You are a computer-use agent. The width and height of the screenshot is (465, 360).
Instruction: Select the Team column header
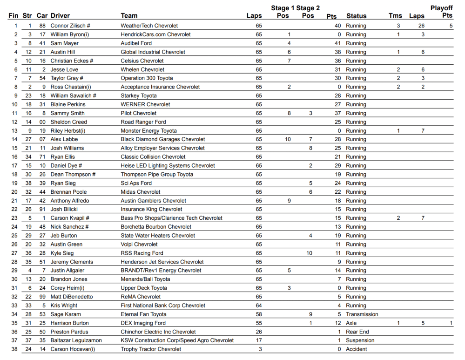coord(129,16)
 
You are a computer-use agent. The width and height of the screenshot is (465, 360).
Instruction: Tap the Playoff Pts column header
coord(441,12)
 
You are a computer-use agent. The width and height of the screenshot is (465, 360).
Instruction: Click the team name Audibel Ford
coord(136,43)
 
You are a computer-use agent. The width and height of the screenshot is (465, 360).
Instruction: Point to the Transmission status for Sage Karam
coord(362,314)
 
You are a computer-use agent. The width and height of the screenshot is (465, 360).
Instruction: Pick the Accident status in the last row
coord(357,349)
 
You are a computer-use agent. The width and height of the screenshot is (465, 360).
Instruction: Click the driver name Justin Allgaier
coord(67,271)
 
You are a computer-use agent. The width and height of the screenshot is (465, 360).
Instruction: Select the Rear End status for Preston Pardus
coord(357,332)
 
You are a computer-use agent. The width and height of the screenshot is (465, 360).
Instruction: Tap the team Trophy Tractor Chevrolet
coord(151,349)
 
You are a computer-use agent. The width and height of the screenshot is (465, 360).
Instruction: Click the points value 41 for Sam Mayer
coord(337,43)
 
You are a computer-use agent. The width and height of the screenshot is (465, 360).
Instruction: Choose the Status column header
coord(356,16)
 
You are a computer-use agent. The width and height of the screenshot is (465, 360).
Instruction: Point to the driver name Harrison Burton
coord(70,323)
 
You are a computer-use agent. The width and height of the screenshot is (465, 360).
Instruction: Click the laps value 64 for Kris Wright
coord(259,306)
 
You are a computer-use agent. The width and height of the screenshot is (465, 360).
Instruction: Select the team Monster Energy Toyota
coord(148,131)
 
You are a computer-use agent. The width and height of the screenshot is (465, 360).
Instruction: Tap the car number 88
coord(42,26)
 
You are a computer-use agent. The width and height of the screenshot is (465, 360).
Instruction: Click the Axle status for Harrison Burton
coord(351,323)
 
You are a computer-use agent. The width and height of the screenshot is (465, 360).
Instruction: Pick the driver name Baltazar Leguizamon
coord(76,340)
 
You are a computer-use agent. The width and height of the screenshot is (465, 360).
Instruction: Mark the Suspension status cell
coord(360,340)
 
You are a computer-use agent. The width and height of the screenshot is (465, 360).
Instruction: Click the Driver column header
coord(60,16)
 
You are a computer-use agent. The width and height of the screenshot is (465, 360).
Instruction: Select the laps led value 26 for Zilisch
coord(421,26)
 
